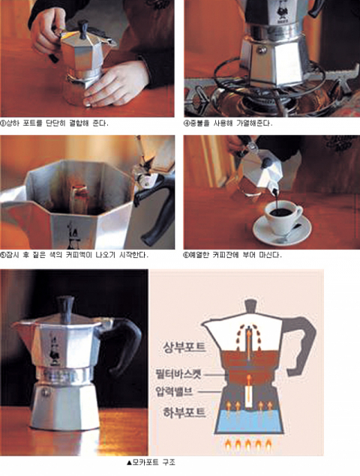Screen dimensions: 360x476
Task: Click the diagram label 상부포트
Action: (x=184, y=347)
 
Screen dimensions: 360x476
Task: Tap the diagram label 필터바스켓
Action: (x=178, y=374)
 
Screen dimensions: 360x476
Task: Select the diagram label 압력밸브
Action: (x=175, y=391)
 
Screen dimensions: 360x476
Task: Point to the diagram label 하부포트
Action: (x=184, y=412)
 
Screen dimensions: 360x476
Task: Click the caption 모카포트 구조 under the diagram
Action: (x=151, y=463)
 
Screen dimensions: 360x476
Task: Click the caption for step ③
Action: (x=54, y=123)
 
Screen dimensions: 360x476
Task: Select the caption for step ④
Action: (x=228, y=123)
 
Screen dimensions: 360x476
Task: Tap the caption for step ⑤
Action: (x=74, y=255)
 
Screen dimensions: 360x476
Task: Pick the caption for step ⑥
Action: (x=232, y=255)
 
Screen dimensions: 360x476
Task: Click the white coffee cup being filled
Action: (x=283, y=216)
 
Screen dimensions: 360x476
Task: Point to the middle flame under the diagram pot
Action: (x=248, y=445)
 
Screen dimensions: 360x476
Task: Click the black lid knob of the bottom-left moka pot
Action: (x=66, y=308)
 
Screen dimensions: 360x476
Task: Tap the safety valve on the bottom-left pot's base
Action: (x=46, y=392)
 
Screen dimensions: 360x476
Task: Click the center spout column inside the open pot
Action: (x=79, y=199)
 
